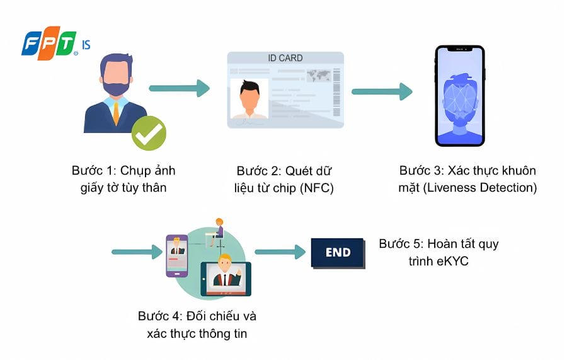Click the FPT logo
coord(55,43)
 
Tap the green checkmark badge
coord(149,133)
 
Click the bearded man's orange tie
coord(116,112)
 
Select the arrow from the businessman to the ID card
coord(180,88)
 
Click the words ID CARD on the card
coord(285,58)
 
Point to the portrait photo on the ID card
coord(249,99)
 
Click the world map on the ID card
coord(318,76)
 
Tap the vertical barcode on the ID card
coord(336,92)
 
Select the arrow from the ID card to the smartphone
coord(382,91)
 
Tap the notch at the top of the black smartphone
coord(460,49)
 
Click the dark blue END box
coord(338,253)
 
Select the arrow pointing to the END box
coord(280,252)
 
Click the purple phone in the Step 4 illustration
coord(177,256)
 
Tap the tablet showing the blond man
coord(226,279)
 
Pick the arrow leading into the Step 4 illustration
coord(137,252)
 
